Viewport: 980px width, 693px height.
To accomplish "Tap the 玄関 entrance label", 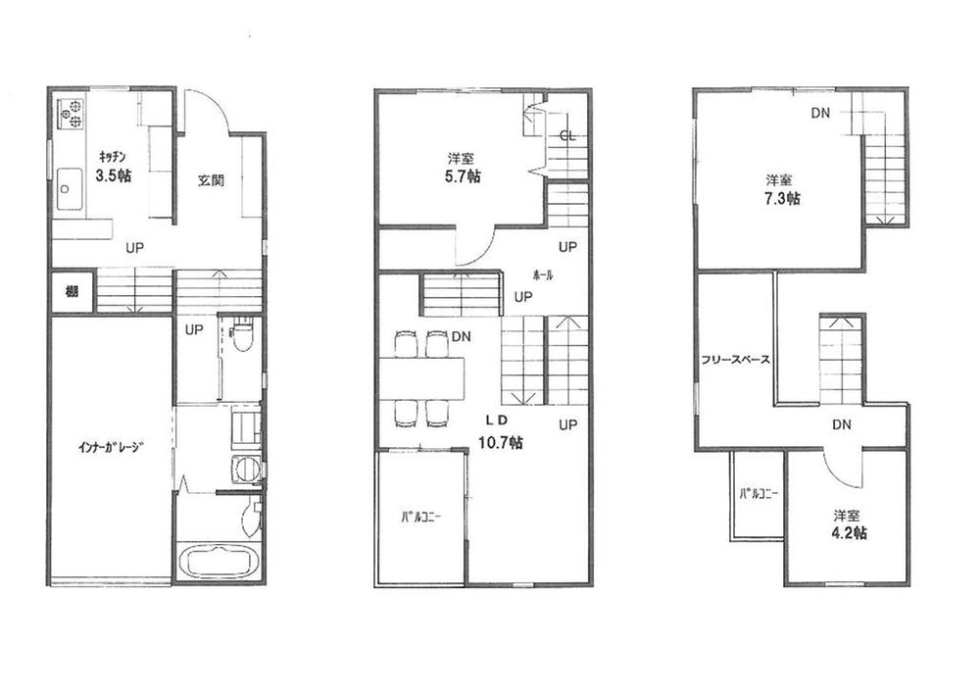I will pos(211,180).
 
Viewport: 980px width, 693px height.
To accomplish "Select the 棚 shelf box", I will pos(72,293).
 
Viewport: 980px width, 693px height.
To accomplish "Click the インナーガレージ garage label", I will pos(112,449).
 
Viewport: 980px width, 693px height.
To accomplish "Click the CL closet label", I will pos(566,136).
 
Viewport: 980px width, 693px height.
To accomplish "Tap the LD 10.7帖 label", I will pos(499,432).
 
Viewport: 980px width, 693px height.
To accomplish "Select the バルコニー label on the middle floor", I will pos(418,517).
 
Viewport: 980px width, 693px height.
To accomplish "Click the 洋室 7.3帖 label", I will pos(781,189).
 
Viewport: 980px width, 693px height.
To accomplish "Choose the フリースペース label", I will pos(735,360).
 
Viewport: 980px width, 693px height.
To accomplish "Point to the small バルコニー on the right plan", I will pos(758,495).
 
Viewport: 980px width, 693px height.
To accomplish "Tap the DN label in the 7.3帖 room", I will pos(820,113).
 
